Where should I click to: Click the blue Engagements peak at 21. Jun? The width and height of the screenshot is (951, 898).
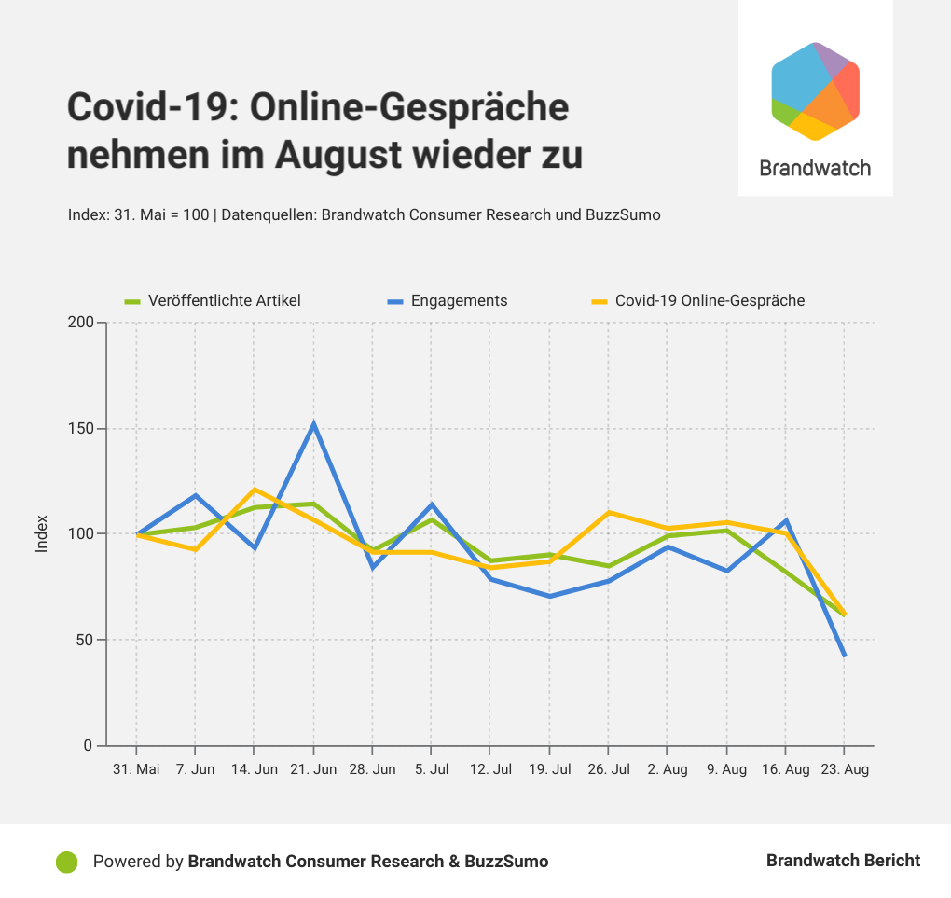click(x=313, y=424)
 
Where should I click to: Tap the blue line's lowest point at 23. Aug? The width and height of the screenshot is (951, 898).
click(x=844, y=656)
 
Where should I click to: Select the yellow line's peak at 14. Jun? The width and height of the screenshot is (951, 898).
click(x=255, y=490)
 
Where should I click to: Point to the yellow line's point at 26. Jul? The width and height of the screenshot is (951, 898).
click(x=608, y=513)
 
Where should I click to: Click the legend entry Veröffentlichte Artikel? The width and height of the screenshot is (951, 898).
click(x=224, y=300)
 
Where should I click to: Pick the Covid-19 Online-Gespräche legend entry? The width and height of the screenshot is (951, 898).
click(x=710, y=300)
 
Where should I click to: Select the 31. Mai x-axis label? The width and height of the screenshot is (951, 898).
click(x=136, y=769)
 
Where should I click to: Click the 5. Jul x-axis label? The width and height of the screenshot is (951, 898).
click(x=431, y=769)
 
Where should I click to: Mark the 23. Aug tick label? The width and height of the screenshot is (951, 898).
click(x=844, y=769)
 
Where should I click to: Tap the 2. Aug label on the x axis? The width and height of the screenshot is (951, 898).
click(x=667, y=769)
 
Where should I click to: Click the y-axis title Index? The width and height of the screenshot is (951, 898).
click(x=42, y=534)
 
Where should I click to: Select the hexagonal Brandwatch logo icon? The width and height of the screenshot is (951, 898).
click(x=815, y=91)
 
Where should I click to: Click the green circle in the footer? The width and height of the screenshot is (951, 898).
click(x=66, y=862)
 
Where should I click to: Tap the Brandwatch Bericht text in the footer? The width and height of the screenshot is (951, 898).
click(x=843, y=861)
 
